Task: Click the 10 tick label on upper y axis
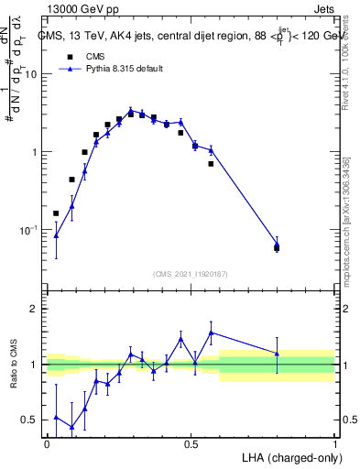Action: (30, 75)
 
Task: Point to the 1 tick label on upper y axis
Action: (34, 152)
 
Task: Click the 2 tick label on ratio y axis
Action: (35, 309)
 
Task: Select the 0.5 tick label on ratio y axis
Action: (30, 420)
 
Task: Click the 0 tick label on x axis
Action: (47, 442)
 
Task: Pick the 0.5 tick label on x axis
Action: (191, 442)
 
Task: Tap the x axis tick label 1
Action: (335, 442)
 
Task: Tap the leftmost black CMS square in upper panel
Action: (56, 213)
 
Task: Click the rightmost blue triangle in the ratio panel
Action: (277, 353)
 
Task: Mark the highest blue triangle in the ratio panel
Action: (212, 333)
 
